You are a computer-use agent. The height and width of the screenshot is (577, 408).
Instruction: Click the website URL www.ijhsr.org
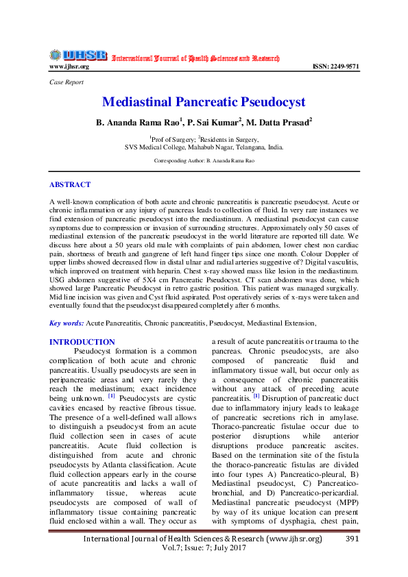(x=69, y=66)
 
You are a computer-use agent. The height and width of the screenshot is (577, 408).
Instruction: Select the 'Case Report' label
(x=66, y=82)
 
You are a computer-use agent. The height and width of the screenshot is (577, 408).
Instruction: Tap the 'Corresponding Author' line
(x=204, y=160)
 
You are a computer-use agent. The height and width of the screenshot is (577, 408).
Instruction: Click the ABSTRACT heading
(x=70, y=184)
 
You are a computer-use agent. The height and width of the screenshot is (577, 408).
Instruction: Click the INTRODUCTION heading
(x=82, y=342)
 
